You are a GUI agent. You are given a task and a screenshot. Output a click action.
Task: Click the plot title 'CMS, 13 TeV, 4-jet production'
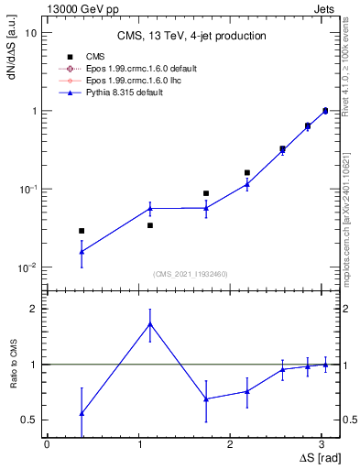coord(191,36)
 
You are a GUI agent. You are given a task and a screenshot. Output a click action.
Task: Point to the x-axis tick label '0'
coord(47,443)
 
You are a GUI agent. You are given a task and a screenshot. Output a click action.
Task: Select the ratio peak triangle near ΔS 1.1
coord(150,324)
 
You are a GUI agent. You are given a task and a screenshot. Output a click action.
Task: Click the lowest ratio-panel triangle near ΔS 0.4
coord(82,413)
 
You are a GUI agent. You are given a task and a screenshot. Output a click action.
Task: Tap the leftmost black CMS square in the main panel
coord(82,231)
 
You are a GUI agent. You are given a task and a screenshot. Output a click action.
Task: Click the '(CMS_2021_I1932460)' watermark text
coord(190,273)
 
